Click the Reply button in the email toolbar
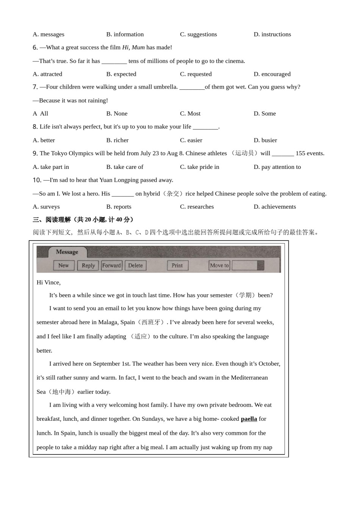tap(88, 265)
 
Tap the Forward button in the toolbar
tap(111, 265)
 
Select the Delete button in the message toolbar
tap(135, 265)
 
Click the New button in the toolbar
tap(64, 265)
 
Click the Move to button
tap(219, 265)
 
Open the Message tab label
tap(67, 252)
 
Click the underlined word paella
tap(249, 419)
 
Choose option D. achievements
tap(275, 207)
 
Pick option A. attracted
tap(47, 74)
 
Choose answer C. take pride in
tap(199, 167)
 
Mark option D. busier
tap(265, 141)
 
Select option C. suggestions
tap(198, 34)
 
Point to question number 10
tap(37, 180)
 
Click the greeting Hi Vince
tap(49, 283)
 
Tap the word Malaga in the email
tap(108, 322)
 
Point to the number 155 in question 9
tap(301, 153)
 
